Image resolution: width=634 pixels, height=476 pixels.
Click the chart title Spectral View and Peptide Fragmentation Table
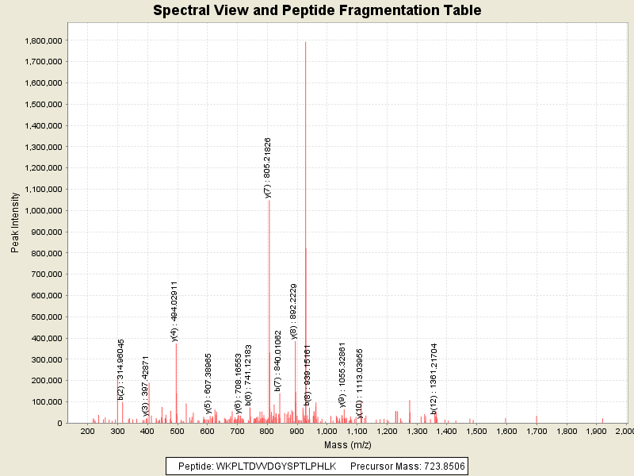tap(317, 11)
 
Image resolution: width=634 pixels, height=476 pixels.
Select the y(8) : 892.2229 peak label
tap(294, 311)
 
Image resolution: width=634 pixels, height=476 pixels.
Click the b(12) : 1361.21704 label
tap(434, 379)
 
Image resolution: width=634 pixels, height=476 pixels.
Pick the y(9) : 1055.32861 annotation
tap(342, 374)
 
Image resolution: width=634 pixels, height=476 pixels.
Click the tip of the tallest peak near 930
tap(305, 42)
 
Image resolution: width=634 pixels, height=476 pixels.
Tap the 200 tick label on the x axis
tap(88, 431)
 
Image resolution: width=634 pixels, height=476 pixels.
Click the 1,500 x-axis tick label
tap(476, 431)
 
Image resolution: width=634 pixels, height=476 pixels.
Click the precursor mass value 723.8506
tap(440, 466)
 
